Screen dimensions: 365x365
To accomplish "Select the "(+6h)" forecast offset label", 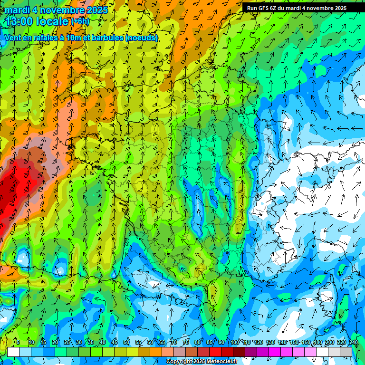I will click(x=80, y=21).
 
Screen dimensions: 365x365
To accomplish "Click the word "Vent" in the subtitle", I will click(x=13, y=38).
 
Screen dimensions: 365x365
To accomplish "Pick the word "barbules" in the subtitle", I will click(x=106, y=38).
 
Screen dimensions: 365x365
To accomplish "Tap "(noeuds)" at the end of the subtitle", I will click(x=141, y=38).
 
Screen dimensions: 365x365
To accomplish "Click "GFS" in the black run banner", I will click(x=265, y=8).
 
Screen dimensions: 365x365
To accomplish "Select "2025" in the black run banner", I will click(x=338, y=8).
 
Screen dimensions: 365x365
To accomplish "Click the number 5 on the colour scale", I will click(x=18, y=342).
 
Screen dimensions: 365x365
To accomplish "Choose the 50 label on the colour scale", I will click(x=126, y=342).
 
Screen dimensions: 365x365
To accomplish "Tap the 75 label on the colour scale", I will click(x=186, y=342).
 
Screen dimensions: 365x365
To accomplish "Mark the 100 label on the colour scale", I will click(x=235, y=342).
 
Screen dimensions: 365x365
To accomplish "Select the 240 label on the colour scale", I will click(x=354, y=342).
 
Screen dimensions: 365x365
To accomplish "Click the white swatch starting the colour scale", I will click(x=13, y=352).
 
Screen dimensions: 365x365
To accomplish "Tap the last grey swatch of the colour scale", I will click(x=346, y=352).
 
